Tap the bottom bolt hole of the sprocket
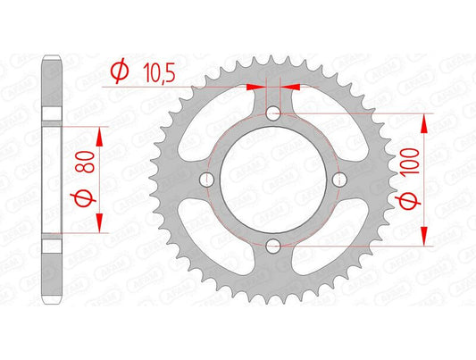click(273, 246)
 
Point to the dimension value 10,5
click(154, 70)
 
